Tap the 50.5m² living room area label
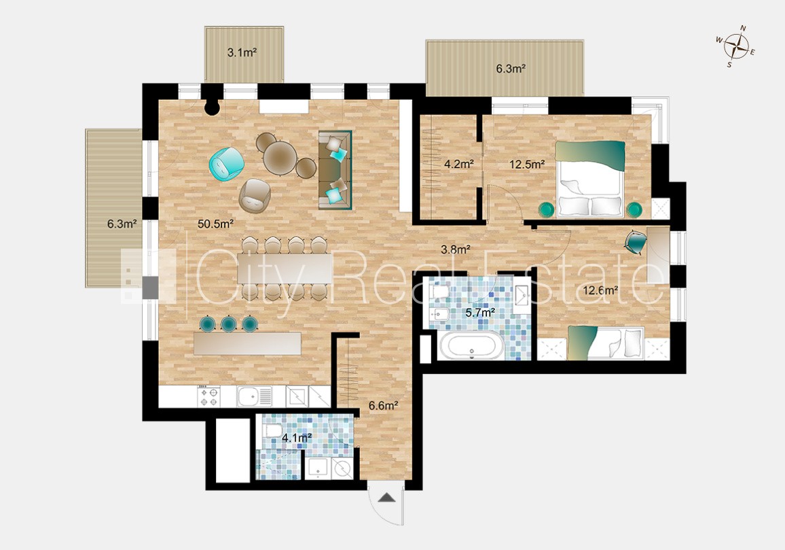(216, 224)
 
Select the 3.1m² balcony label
(242, 52)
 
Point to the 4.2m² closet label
(459, 164)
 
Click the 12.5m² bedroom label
(527, 164)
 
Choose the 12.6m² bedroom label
(601, 290)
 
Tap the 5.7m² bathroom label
(480, 313)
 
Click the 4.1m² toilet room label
(297, 438)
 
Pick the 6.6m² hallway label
(384, 406)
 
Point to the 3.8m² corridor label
(455, 249)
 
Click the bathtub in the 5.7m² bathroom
(471, 345)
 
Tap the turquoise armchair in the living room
(226, 163)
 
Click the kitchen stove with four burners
(209, 396)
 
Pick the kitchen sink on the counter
(255, 396)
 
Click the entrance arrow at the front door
(387, 498)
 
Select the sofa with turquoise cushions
(335, 170)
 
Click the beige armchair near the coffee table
(255, 195)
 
